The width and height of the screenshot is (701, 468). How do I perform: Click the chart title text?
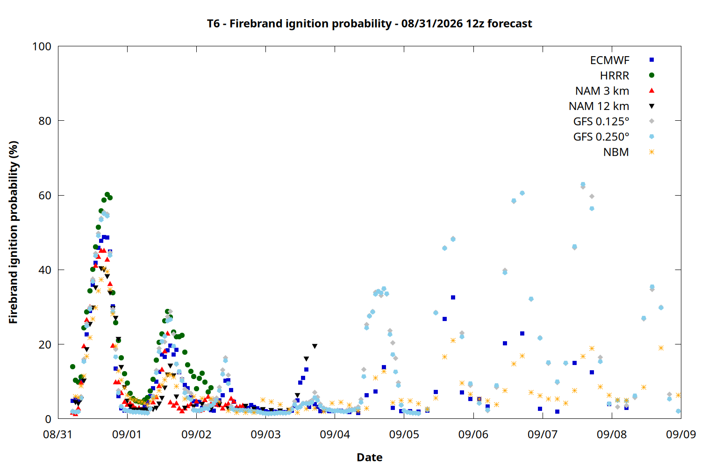tap(369, 23)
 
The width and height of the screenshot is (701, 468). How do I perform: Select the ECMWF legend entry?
tap(609, 60)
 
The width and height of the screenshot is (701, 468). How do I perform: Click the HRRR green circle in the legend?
tap(651, 75)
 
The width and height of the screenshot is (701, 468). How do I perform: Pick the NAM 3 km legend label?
tap(602, 91)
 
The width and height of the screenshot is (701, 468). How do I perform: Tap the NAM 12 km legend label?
tap(599, 106)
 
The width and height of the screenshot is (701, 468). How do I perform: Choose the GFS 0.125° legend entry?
tap(601, 121)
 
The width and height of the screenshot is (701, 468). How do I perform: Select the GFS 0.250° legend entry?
tap(601, 137)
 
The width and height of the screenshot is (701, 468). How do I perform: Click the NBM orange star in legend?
tap(651, 152)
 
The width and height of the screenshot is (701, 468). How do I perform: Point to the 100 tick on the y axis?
tap(42, 46)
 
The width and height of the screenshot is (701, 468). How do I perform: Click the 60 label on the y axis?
tap(45, 195)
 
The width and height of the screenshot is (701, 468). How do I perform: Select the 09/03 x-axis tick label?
tap(266, 434)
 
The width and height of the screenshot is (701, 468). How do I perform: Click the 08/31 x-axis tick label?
tap(58, 434)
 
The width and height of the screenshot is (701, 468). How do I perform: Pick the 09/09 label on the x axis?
tap(681, 434)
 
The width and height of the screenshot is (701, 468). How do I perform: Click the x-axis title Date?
tap(370, 457)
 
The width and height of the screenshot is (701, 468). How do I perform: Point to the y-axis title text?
tap(13, 232)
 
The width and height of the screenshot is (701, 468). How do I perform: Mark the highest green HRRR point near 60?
tap(107, 195)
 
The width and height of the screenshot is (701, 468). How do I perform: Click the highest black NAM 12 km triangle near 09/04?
tap(315, 346)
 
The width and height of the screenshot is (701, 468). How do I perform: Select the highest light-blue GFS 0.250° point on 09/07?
tap(583, 184)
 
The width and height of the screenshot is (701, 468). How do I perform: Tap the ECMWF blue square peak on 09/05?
tap(453, 298)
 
